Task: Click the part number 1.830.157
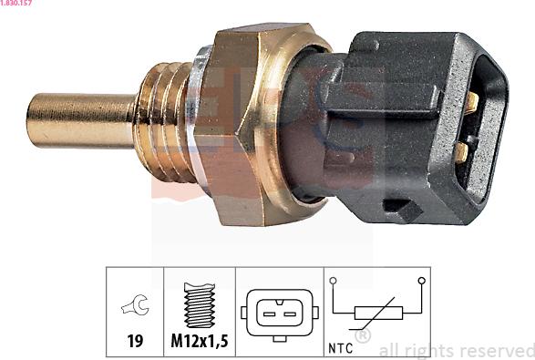16,3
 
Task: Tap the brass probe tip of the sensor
80,120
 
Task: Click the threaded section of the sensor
163,121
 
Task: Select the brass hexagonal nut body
260,125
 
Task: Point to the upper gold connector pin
472,102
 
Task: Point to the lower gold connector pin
462,152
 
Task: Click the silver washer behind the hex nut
198,116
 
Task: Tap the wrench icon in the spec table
136,304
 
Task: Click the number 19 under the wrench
135,341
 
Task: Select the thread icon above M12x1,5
200,305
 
